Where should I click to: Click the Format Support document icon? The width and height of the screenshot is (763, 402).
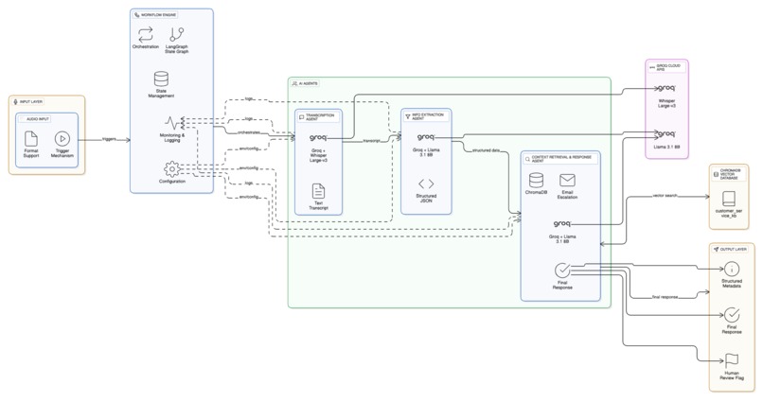(x=31, y=139)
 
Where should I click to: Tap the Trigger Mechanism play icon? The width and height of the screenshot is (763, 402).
(x=62, y=139)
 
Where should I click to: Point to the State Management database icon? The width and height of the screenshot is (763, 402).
(x=161, y=79)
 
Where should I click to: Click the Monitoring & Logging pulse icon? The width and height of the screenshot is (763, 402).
(x=171, y=123)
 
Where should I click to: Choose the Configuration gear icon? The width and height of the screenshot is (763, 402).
(x=171, y=168)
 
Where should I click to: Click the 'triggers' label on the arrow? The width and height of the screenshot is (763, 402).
(x=109, y=139)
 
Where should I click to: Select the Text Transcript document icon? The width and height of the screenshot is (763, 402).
(x=318, y=192)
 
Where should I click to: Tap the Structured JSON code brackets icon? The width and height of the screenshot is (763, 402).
(x=426, y=184)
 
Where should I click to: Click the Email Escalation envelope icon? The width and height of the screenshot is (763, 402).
(x=567, y=180)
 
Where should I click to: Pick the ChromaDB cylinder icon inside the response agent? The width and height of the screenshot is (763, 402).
(x=536, y=180)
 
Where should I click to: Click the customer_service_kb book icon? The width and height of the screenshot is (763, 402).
(x=728, y=200)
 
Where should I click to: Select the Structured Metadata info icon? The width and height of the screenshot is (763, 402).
(x=732, y=270)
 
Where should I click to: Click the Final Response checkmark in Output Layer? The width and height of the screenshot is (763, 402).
(x=732, y=315)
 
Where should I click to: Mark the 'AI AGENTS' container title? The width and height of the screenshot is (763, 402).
(x=309, y=83)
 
